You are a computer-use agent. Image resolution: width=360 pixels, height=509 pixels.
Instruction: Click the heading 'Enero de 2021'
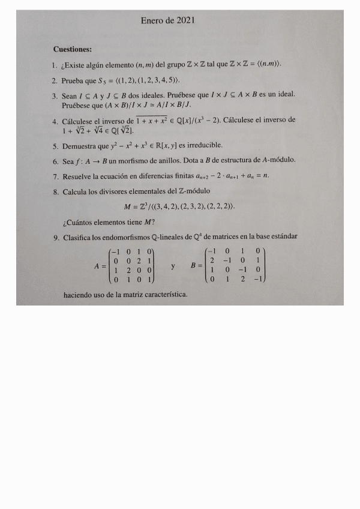click(x=168, y=20)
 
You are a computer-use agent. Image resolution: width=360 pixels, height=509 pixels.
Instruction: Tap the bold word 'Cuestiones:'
click(x=73, y=49)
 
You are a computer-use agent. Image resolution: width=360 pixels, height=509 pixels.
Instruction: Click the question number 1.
click(x=54, y=64)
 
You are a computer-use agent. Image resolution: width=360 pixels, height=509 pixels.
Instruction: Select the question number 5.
click(x=55, y=145)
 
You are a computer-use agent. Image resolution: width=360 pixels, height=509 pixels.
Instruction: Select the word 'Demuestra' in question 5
click(x=80, y=145)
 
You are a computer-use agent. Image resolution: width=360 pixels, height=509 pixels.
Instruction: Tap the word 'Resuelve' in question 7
click(x=79, y=176)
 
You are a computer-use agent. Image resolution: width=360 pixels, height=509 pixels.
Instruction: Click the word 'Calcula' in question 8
click(x=75, y=192)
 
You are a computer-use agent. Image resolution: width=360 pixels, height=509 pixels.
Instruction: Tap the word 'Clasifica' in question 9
click(x=79, y=237)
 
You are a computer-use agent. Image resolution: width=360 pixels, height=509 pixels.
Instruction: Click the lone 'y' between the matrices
click(x=173, y=265)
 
